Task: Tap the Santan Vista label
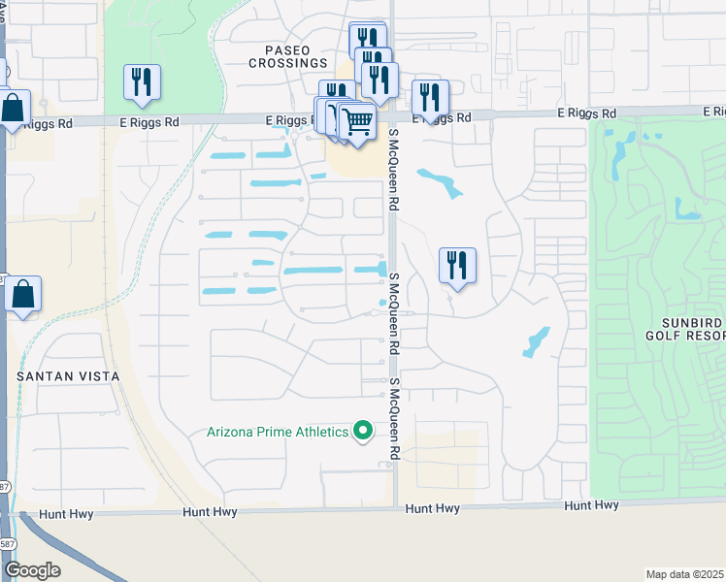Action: [68, 375]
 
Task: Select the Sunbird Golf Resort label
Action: [685, 329]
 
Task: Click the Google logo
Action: [32, 570]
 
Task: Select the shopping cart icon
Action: [357, 123]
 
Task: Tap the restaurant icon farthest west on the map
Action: [142, 82]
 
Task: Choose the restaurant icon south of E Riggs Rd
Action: [456, 266]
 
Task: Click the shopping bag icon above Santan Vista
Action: [22, 293]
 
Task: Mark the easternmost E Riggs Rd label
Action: [587, 113]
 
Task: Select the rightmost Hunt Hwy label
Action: [592, 505]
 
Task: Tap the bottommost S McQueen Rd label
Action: [395, 419]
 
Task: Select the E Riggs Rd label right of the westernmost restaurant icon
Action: [151, 123]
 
